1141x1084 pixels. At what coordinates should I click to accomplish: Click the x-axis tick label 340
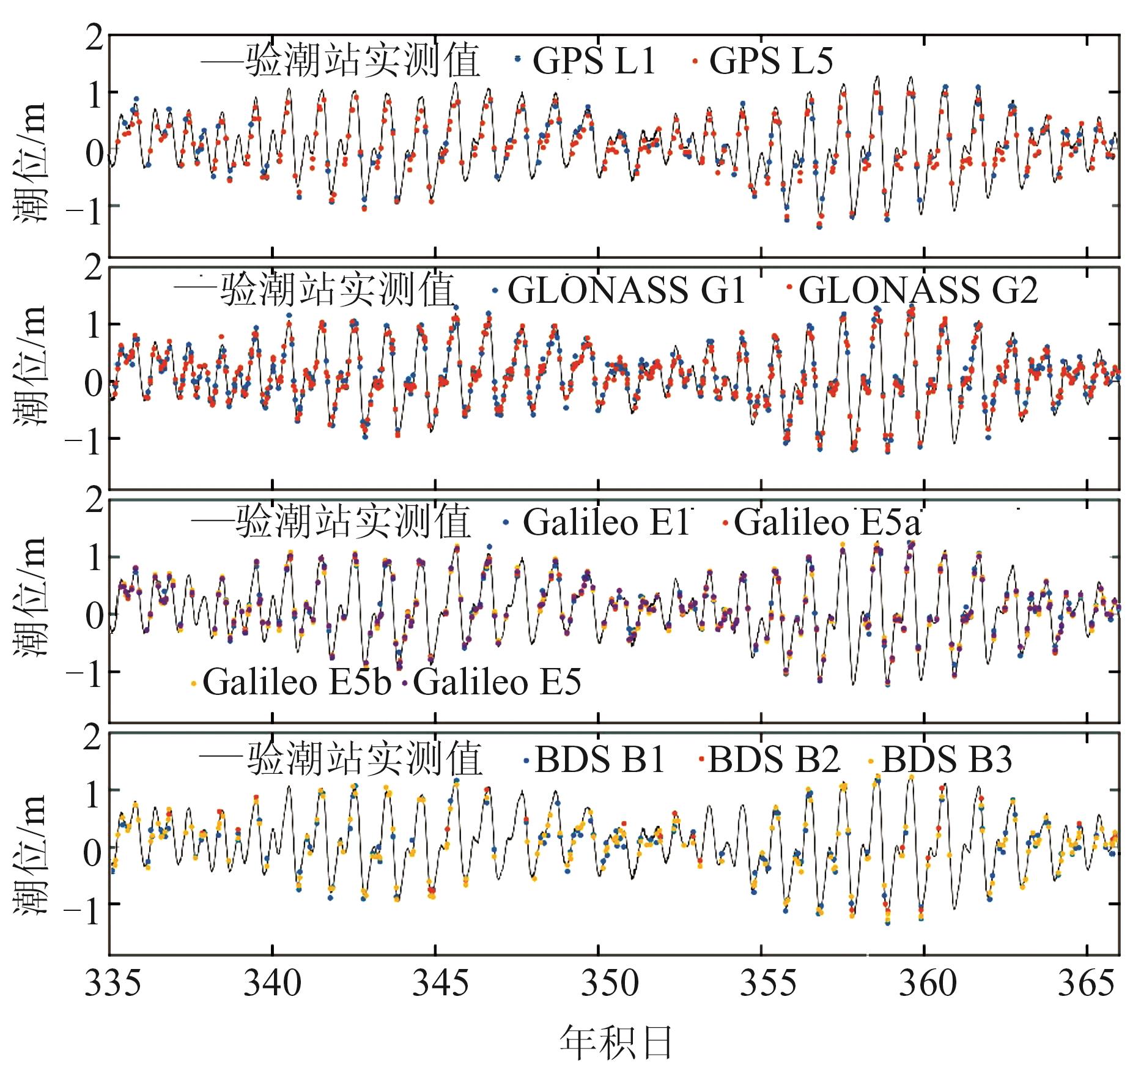pyautogui.click(x=272, y=984)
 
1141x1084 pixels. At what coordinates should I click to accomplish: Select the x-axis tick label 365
pyautogui.click(x=1086, y=984)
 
